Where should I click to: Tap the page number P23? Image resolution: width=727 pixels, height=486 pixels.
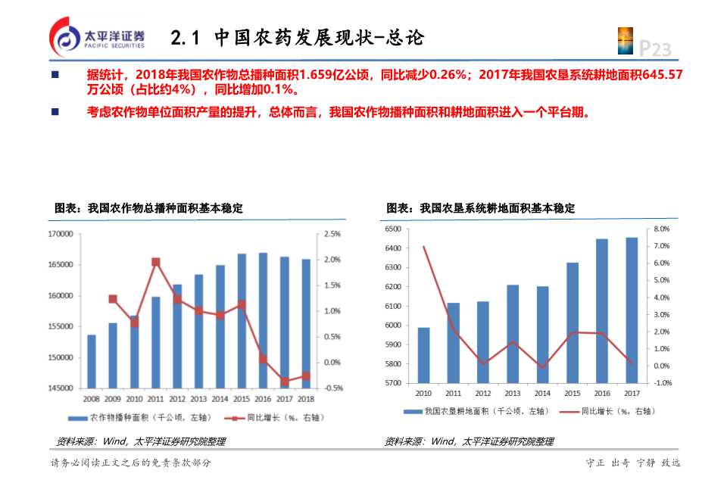point(655,49)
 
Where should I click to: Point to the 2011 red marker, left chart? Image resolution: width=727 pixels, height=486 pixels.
point(155,262)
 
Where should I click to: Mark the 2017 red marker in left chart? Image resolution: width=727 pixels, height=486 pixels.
point(285,381)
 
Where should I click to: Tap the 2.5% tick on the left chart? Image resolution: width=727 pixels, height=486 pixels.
point(332,234)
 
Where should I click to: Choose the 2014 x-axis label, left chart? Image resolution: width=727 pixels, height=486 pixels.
point(220,398)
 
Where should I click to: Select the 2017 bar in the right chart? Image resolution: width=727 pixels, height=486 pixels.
point(632,310)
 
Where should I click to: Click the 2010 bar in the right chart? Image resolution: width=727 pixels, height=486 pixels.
point(423,355)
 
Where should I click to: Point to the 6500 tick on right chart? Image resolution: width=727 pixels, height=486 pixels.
point(396,229)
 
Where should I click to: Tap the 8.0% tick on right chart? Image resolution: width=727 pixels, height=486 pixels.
point(661,229)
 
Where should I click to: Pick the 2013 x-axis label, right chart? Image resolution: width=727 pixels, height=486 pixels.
point(513,393)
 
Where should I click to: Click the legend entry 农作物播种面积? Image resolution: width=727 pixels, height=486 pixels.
point(133,417)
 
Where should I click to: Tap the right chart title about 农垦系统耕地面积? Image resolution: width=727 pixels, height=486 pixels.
point(480,208)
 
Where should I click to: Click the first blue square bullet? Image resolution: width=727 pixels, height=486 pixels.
point(55,75)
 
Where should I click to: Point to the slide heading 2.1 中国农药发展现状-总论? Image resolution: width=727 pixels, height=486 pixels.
point(297,37)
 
